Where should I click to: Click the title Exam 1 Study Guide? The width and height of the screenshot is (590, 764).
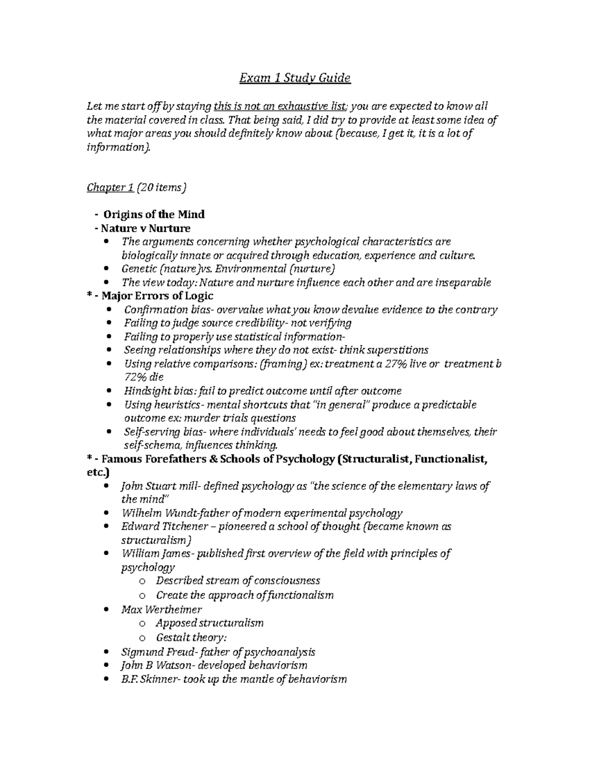pyautogui.click(x=295, y=78)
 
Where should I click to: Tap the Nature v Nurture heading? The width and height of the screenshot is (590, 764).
pyautogui.click(x=146, y=228)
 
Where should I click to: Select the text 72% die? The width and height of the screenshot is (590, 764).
pyautogui.click(x=143, y=377)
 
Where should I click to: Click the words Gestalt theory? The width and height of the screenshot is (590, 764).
pyautogui.click(x=190, y=638)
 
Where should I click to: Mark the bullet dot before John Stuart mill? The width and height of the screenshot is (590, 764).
pyautogui.click(x=108, y=486)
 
